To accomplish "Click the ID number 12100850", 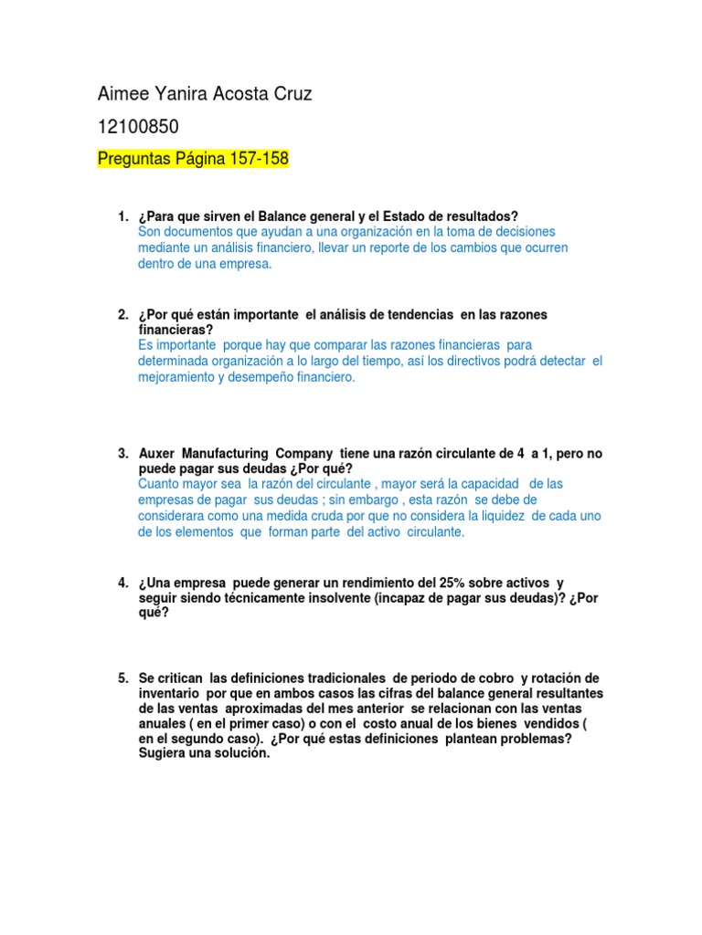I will tap(137, 126).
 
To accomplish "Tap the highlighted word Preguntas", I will tap(133, 159).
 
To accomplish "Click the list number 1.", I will tap(122, 216).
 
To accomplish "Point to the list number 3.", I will tap(122, 454).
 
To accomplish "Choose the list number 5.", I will tap(122, 678).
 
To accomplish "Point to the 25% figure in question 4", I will tap(463, 583).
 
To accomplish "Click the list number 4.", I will tap(122, 583).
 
